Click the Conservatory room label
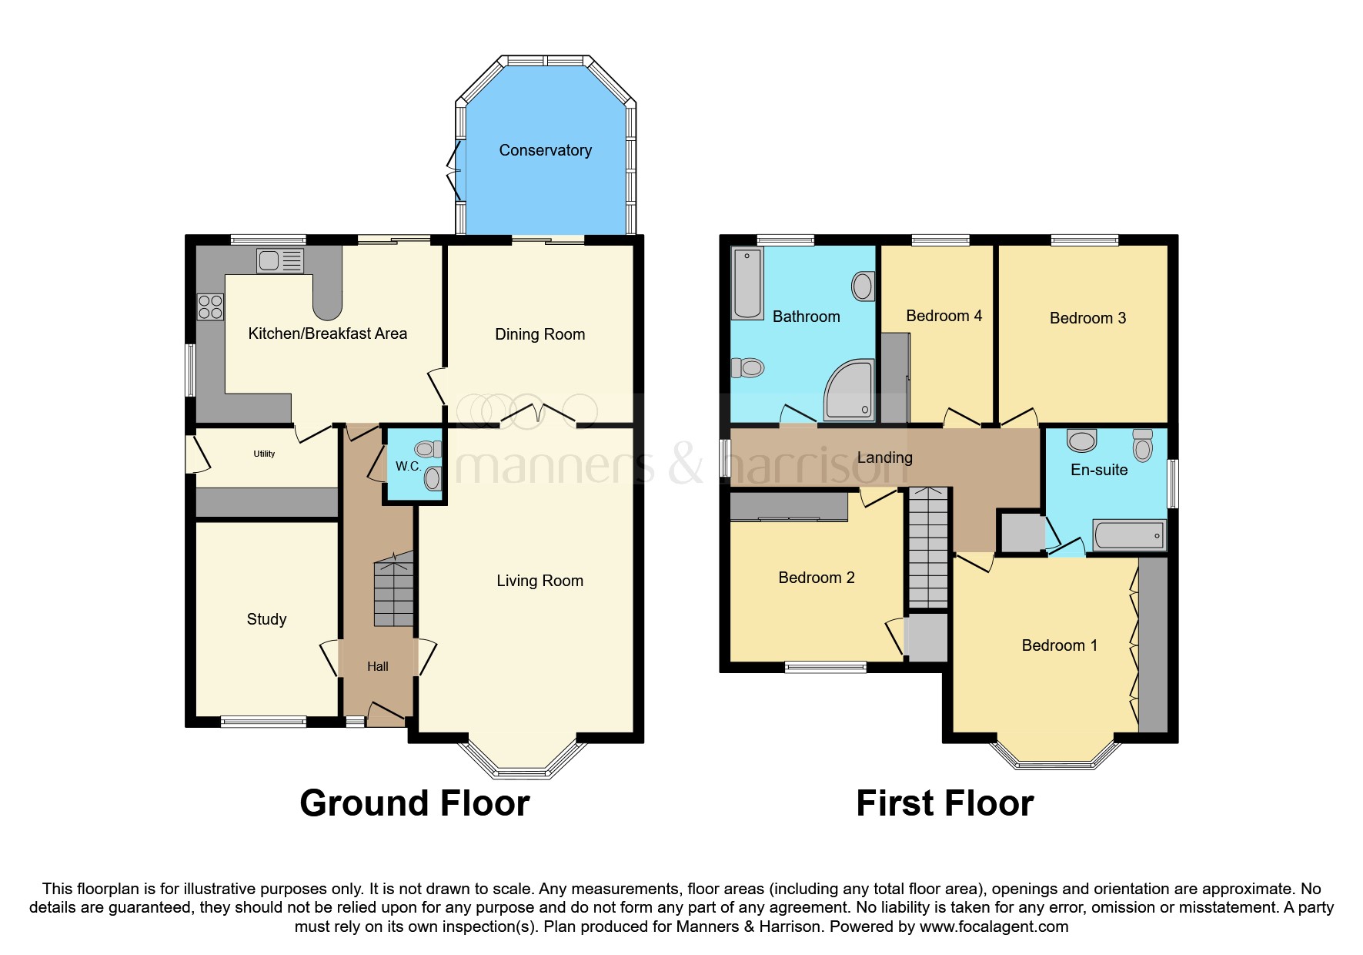(545, 150)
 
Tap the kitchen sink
(280, 260)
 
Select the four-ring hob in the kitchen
(210, 307)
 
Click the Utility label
(264, 454)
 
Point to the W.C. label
(408, 466)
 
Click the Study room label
(266, 619)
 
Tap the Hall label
(377, 666)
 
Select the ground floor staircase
(393, 593)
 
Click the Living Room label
(540, 581)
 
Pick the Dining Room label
(540, 334)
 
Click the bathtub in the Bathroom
(747, 283)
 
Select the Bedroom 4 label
(944, 316)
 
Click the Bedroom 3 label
(1087, 318)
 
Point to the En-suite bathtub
(1129, 534)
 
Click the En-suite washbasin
(1081, 441)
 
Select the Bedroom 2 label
(816, 578)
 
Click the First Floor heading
(944, 803)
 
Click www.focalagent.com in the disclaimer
(994, 927)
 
